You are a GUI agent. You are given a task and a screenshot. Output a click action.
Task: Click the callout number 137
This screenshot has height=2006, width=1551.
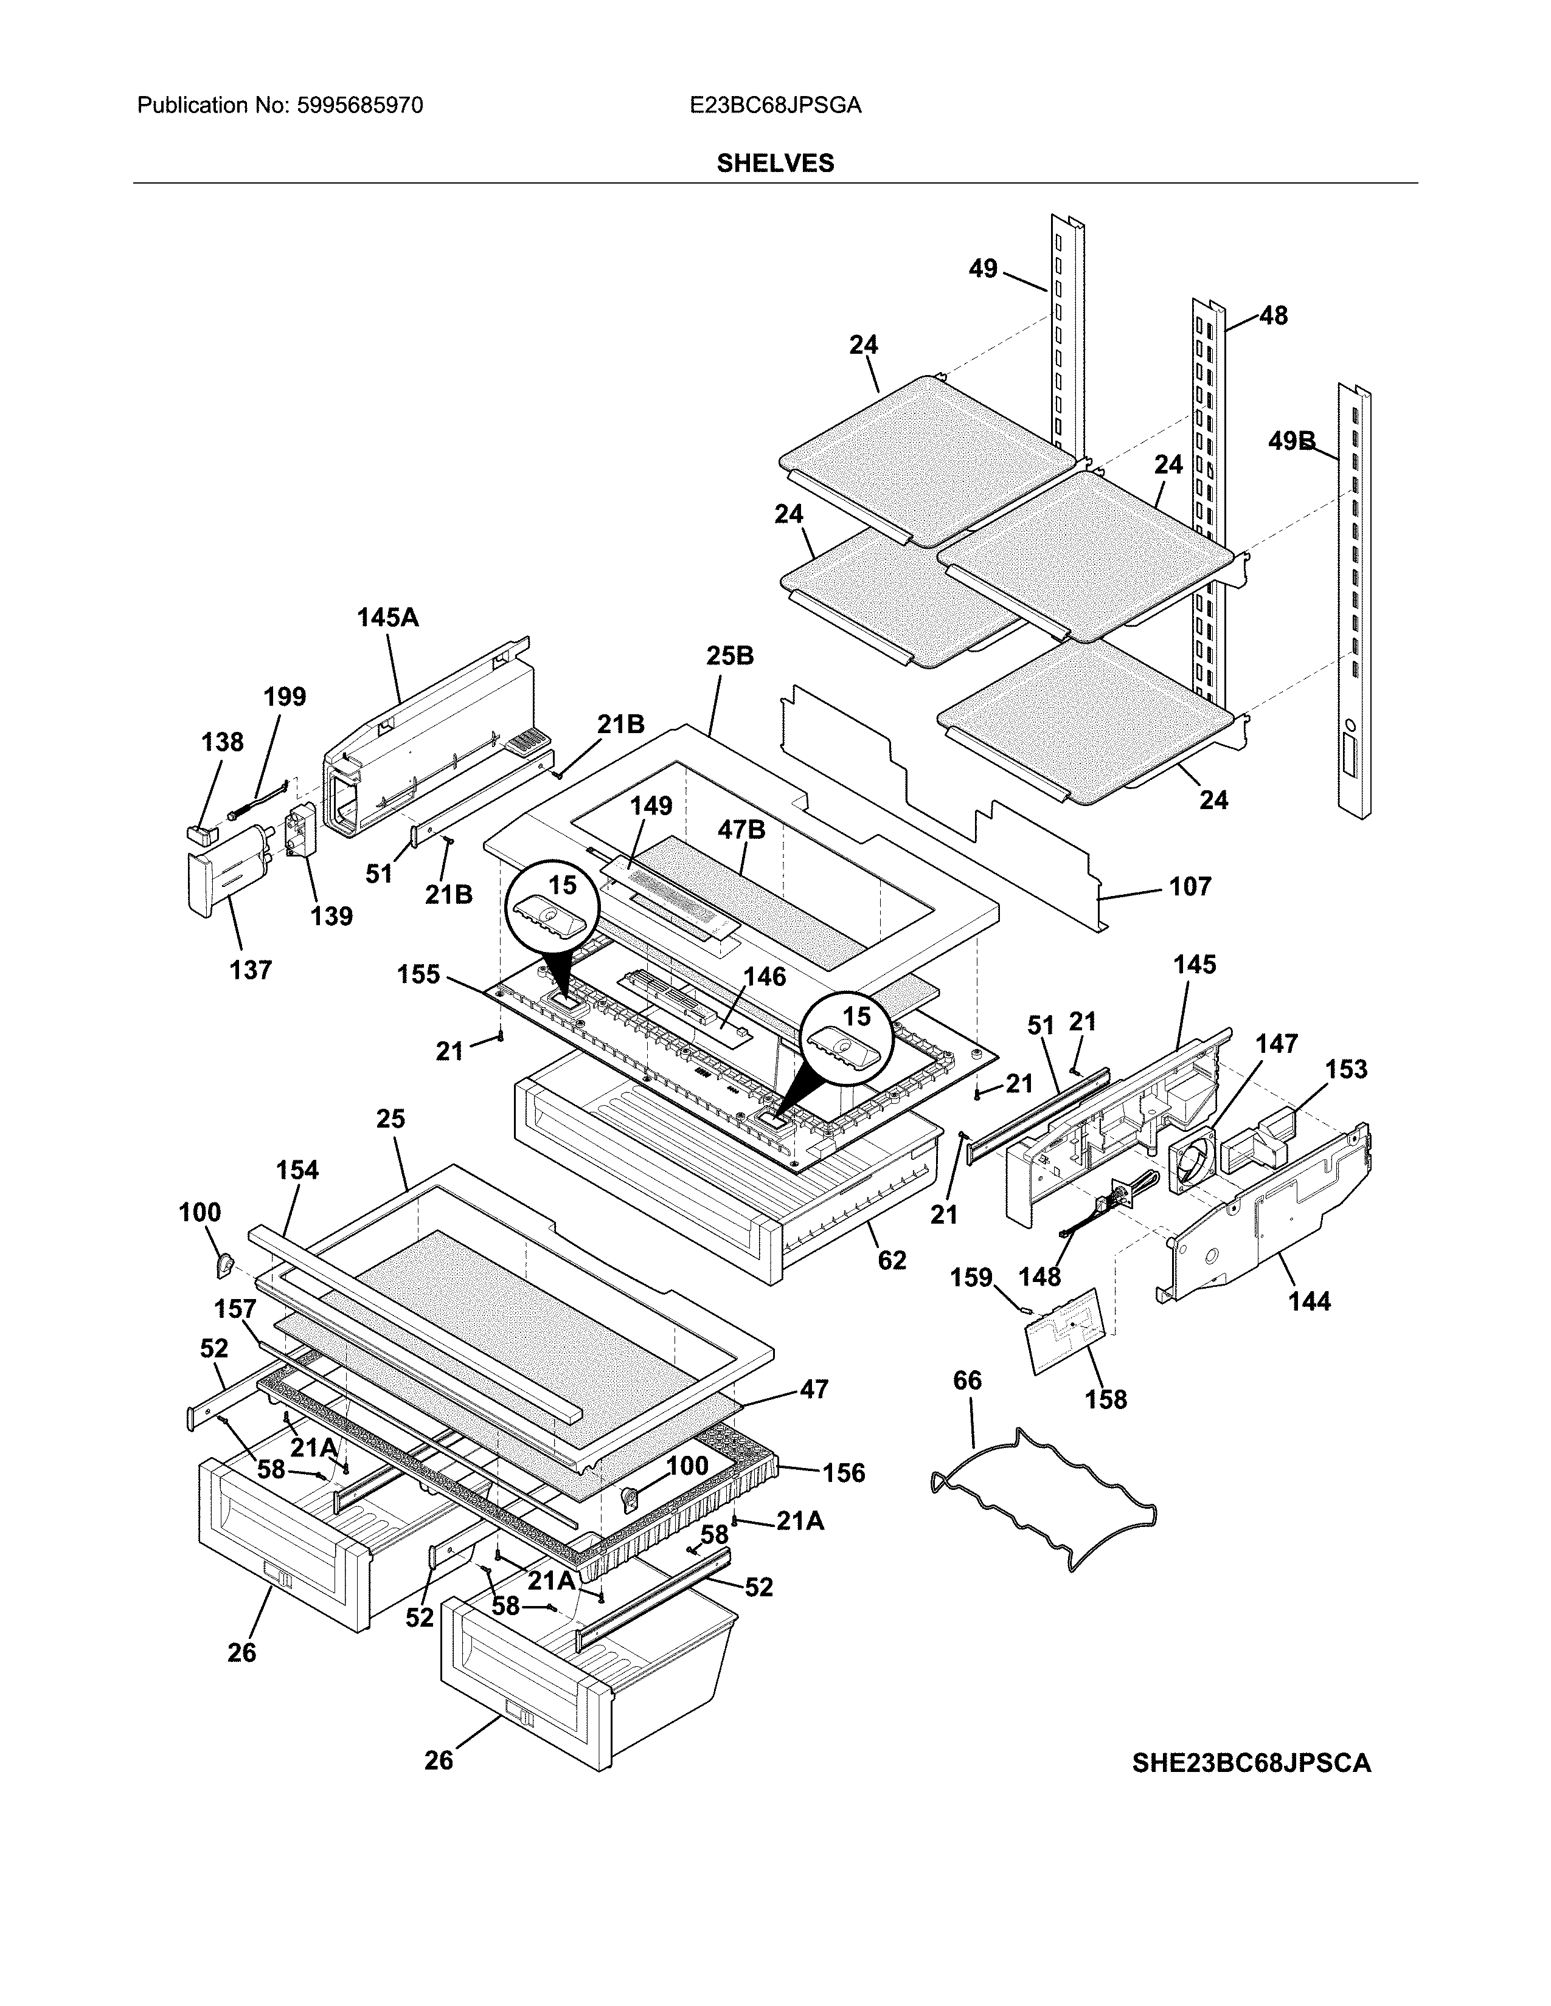pyautogui.click(x=250, y=970)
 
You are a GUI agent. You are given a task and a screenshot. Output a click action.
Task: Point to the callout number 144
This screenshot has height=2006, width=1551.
pyautogui.click(x=1308, y=1301)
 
